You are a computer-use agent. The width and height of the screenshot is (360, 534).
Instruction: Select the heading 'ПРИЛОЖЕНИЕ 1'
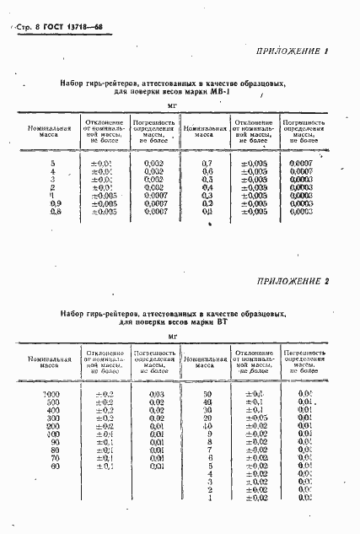click(290, 52)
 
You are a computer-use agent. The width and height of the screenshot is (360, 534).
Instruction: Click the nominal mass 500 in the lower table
click(53, 402)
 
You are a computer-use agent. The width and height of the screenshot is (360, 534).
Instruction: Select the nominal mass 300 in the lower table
click(53, 418)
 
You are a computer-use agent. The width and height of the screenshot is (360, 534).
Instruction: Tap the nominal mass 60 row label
click(55, 466)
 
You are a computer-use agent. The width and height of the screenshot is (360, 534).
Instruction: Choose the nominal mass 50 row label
click(206, 393)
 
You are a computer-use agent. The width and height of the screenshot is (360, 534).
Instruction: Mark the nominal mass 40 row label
click(206, 402)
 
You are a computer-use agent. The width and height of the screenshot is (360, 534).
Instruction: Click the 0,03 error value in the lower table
click(156, 393)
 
